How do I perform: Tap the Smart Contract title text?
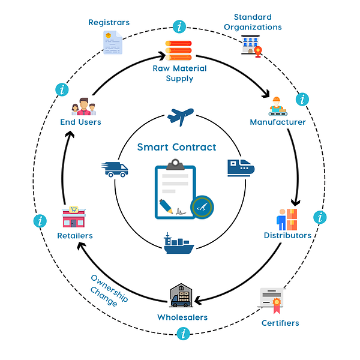point(176,147)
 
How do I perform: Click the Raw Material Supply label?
point(179,73)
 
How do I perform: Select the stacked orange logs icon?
point(179,50)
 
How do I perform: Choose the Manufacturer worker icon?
point(277,106)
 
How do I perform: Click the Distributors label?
point(287,235)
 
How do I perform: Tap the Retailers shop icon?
point(74,217)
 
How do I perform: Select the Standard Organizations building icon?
point(251,46)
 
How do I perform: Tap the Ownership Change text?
point(106,290)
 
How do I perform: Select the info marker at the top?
point(178,26)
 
